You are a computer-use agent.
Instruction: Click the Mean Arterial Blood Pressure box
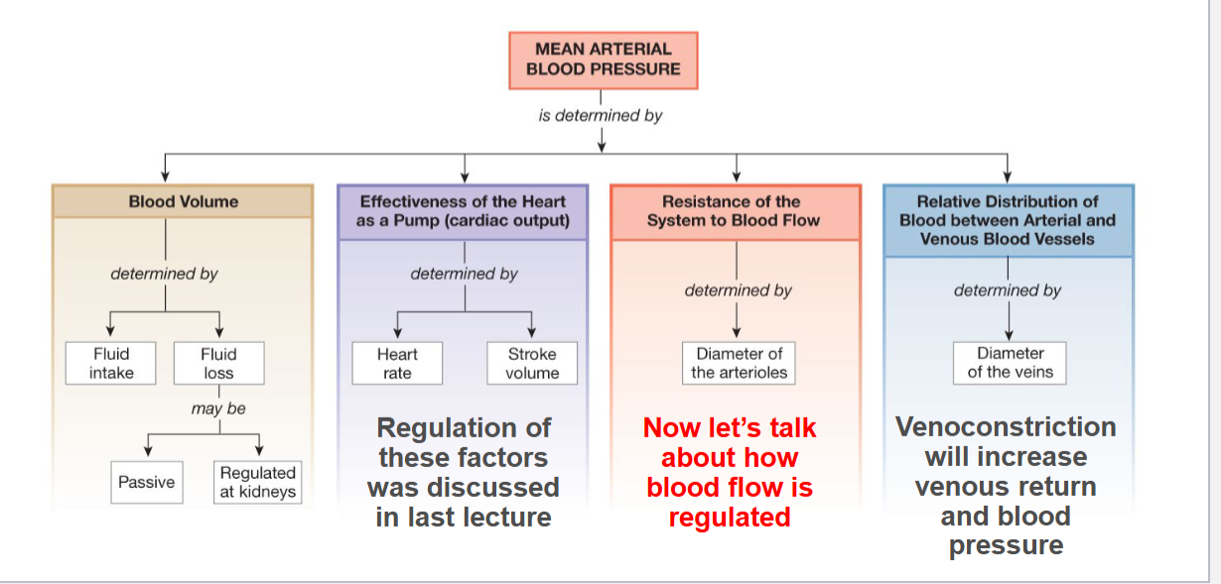point(603,59)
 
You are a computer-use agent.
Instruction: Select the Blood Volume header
point(183,201)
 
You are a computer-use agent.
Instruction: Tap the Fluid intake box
point(111,364)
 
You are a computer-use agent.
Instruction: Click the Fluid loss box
point(218,364)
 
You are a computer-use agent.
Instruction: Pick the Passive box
point(146,483)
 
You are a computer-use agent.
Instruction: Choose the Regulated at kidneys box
point(257,482)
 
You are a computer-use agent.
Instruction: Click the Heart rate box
point(397,364)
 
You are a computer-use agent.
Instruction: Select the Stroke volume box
point(532,364)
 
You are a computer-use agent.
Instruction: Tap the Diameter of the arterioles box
point(739,364)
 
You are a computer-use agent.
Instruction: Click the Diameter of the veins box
point(1010,364)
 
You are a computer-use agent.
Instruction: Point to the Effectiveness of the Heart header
point(463,210)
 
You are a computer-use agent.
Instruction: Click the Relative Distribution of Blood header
point(1008,219)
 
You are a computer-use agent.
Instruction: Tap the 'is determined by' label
point(601,116)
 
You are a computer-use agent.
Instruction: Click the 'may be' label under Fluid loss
point(218,409)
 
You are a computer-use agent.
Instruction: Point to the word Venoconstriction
point(1005,427)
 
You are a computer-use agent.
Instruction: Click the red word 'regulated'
point(729,518)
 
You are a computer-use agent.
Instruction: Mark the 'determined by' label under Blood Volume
point(165,274)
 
